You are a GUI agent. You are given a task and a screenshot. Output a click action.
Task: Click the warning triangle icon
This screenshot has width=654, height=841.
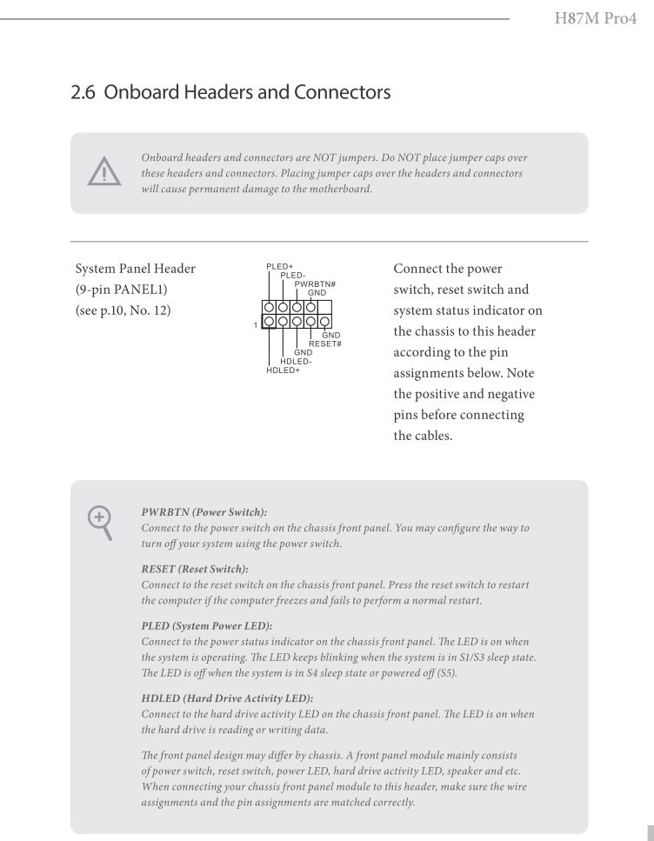(104, 174)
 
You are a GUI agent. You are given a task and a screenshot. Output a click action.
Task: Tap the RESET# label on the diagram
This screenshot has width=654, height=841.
(325, 344)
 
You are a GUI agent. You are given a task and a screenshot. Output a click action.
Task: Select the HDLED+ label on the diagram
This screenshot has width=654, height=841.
(282, 370)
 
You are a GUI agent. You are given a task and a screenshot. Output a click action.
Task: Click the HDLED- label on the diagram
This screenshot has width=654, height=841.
(297, 361)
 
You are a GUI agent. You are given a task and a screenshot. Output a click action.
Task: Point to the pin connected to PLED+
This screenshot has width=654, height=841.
(269, 307)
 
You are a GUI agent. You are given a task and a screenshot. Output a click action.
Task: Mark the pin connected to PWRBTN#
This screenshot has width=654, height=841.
(297, 307)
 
